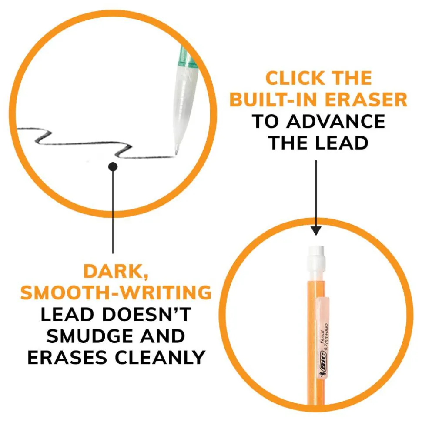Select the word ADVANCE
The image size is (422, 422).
pyautogui.click(x=335, y=121)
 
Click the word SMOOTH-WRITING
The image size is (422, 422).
pyautogui.click(x=116, y=292)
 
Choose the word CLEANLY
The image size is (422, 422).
pyautogui.click(x=161, y=358)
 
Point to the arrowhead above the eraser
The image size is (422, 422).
pyautogui.click(x=316, y=231)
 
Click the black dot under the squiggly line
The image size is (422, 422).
pyautogui.click(x=113, y=167)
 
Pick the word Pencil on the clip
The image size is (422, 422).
pyautogui.click(x=322, y=337)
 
